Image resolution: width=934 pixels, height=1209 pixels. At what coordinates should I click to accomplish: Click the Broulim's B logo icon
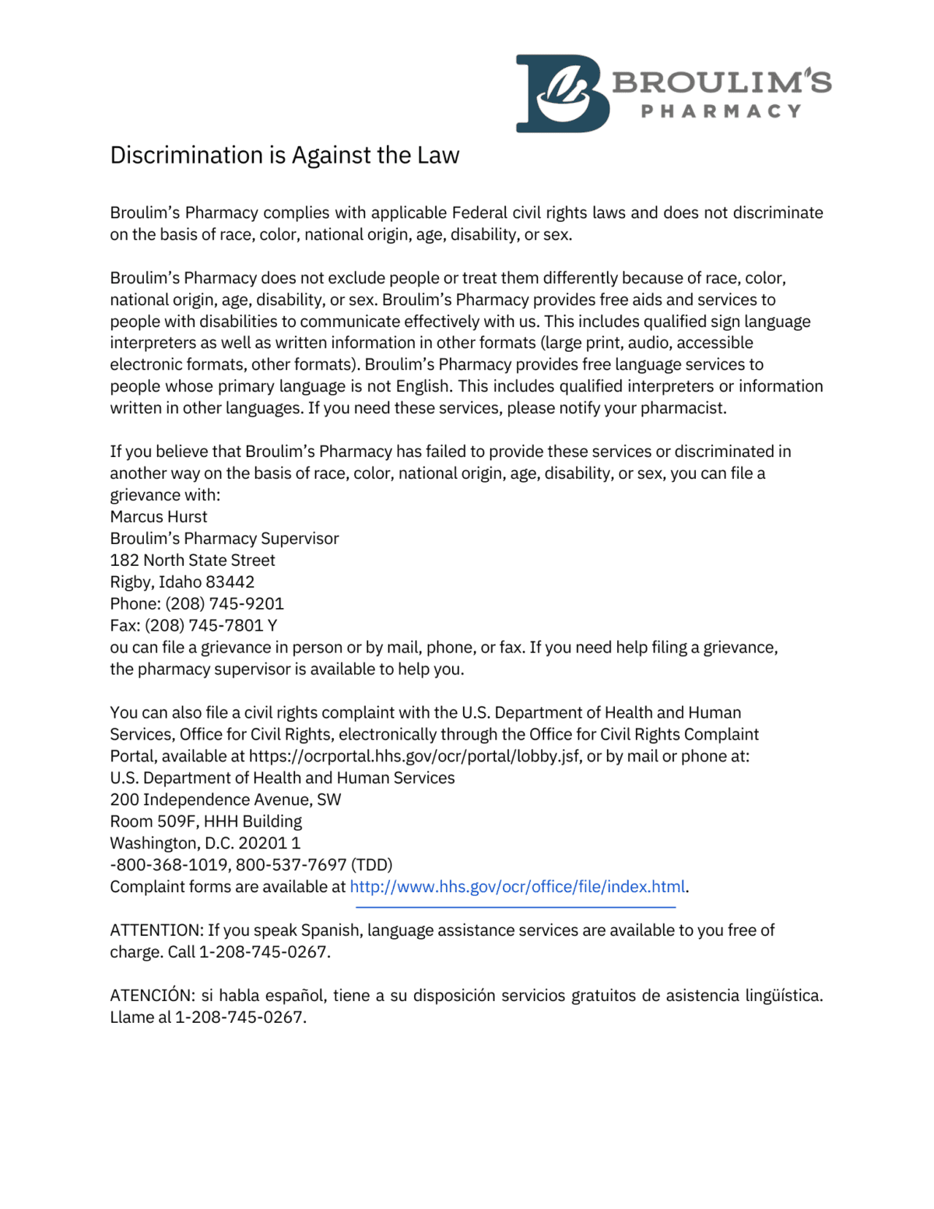tap(562, 93)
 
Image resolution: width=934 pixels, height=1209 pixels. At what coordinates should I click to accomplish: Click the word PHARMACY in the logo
tap(721, 111)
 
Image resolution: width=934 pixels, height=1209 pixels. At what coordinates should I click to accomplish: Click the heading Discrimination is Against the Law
tap(284, 155)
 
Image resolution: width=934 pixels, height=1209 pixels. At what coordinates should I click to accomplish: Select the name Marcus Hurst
tap(159, 517)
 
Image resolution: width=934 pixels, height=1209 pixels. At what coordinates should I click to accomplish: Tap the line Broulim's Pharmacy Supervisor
tap(224, 539)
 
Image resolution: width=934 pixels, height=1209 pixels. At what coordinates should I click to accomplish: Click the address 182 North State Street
tap(192, 561)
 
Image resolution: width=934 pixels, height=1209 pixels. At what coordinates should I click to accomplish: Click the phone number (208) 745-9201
tap(225, 604)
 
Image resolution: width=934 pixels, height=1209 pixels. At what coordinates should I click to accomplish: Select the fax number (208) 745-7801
tap(204, 626)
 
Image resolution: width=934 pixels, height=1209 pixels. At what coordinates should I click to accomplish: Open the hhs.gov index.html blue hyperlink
tap(517, 887)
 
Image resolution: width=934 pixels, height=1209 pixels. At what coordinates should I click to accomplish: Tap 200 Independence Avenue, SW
tap(225, 800)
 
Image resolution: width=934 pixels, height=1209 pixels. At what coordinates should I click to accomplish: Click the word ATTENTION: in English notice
tap(156, 930)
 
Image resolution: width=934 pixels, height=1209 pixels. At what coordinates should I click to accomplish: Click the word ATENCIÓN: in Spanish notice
tap(153, 996)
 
